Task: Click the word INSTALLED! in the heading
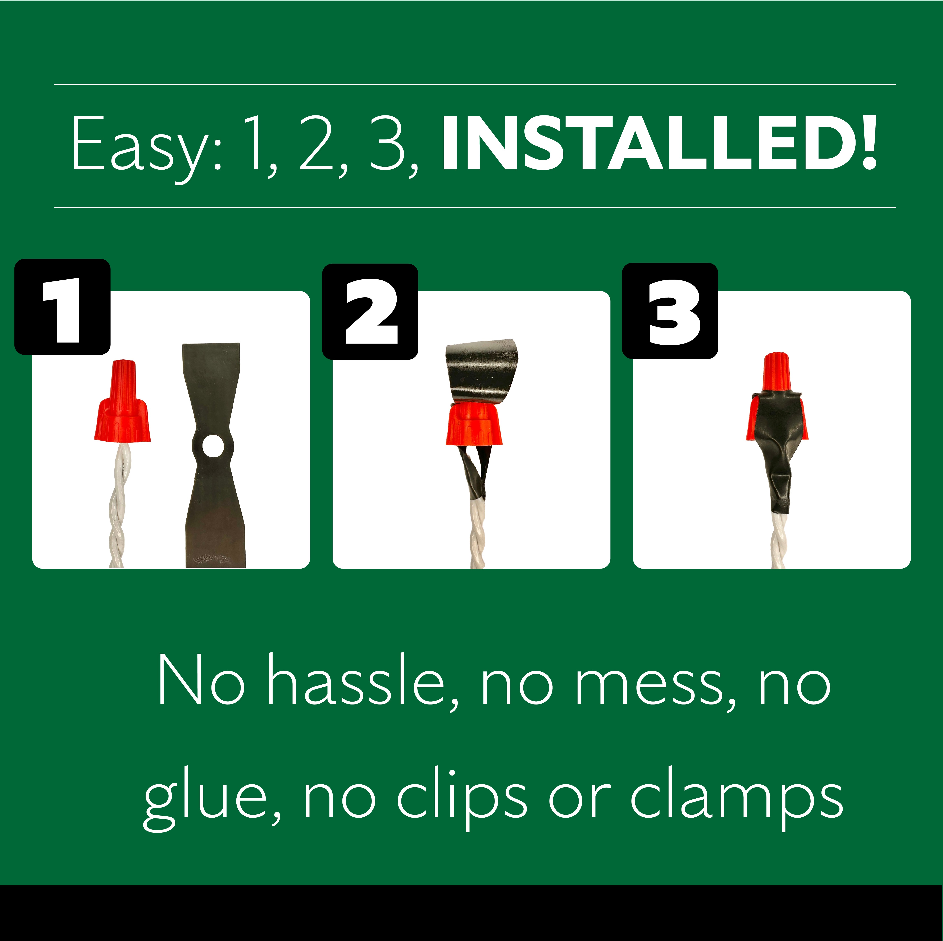coord(659,143)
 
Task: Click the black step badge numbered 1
coord(63,306)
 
